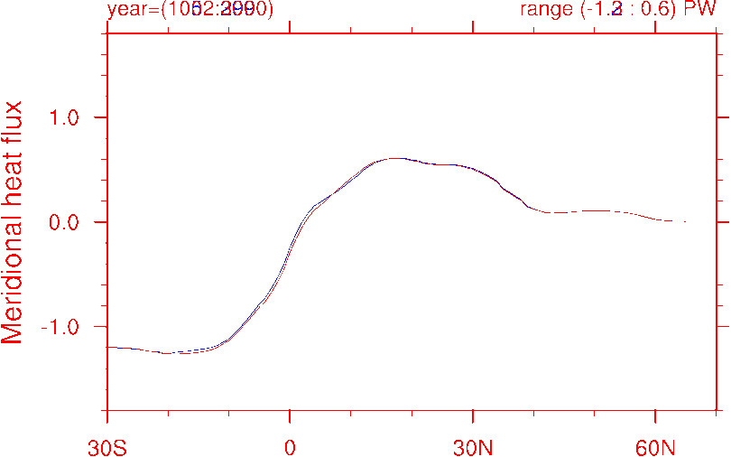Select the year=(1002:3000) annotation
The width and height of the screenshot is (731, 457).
click(x=190, y=10)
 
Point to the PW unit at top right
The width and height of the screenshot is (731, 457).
click(x=701, y=10)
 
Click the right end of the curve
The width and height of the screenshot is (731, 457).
click(x=685, y=221)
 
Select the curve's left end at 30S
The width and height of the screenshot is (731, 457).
click(x=108, y=347)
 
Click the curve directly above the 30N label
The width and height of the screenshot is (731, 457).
click(x=473, y=168)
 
